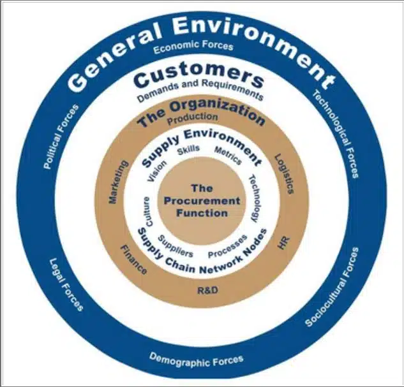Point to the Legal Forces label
66,284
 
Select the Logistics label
283,173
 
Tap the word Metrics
228,156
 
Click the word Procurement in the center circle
202,201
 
